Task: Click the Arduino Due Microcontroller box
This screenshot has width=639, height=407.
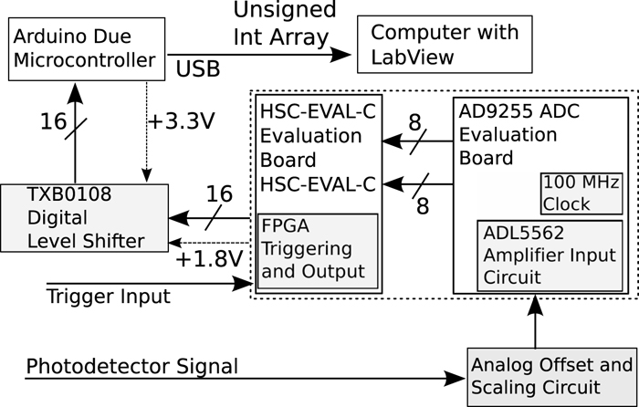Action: click(87, 51)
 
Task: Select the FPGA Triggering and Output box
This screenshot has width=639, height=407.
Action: click(316, 248)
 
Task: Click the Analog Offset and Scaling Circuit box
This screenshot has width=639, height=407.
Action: click(550, 378)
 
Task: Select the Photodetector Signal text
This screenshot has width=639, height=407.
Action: click(132, 367)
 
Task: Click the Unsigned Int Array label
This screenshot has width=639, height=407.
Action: click(284, 26)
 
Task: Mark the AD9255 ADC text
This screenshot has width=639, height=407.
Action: click(517, 111)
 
